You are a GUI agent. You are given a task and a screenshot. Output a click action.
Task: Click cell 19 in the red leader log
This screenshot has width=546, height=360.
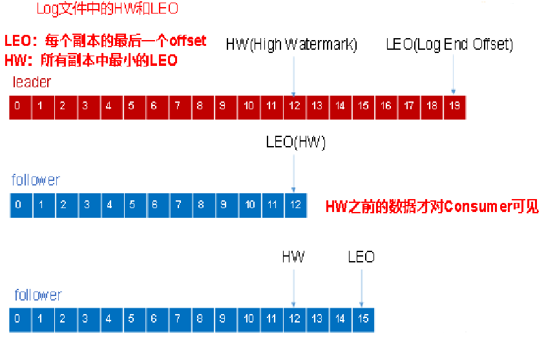tap(454, 106)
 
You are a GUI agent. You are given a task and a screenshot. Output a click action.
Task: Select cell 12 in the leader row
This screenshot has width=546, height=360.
tap(294, 106)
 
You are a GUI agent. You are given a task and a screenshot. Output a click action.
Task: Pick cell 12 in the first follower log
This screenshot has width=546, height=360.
tap(295, 205)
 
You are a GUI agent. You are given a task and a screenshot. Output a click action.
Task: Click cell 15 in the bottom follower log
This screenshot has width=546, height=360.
tap(363, 319)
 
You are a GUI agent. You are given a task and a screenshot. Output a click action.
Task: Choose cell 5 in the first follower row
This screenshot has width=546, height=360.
tap(132, 205)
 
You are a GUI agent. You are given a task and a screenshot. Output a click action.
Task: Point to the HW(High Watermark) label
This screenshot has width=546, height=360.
tap(291, 45)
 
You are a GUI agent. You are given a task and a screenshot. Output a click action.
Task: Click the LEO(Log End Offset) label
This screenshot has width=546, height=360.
tap(449, 45)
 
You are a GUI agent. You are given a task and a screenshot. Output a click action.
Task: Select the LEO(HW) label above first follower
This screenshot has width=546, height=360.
tap(295, 143)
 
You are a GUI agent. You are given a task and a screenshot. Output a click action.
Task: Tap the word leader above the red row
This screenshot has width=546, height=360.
tap(32, 82)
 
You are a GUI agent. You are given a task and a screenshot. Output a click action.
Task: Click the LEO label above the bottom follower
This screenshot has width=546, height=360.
tap(361, 257)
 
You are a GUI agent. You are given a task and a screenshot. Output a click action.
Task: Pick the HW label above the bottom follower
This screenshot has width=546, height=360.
tap(293, 257)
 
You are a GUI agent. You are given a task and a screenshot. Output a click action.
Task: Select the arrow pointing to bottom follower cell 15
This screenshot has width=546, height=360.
tap(362, 288)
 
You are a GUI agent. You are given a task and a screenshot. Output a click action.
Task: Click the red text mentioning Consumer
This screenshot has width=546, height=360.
tap(432, 207)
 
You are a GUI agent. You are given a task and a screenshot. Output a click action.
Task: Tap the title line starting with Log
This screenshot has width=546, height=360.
tap(107, 9)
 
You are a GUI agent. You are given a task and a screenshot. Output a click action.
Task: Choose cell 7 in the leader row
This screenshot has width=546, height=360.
tap(178, 106)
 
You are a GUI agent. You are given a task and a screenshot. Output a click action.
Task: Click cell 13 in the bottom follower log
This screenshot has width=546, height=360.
tap(317, 319)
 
